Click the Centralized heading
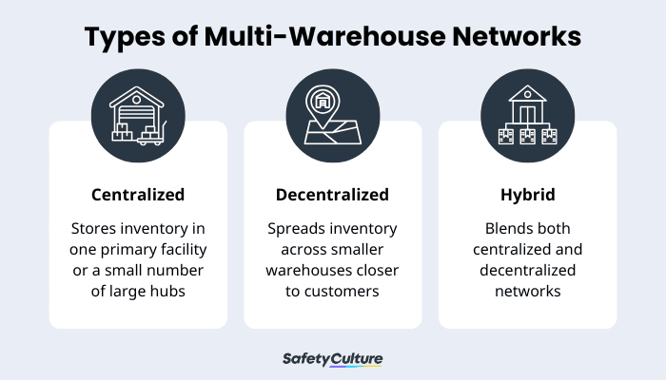coord(138,195)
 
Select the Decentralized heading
coord(332,195)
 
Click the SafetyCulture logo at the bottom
coord(332,358)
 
